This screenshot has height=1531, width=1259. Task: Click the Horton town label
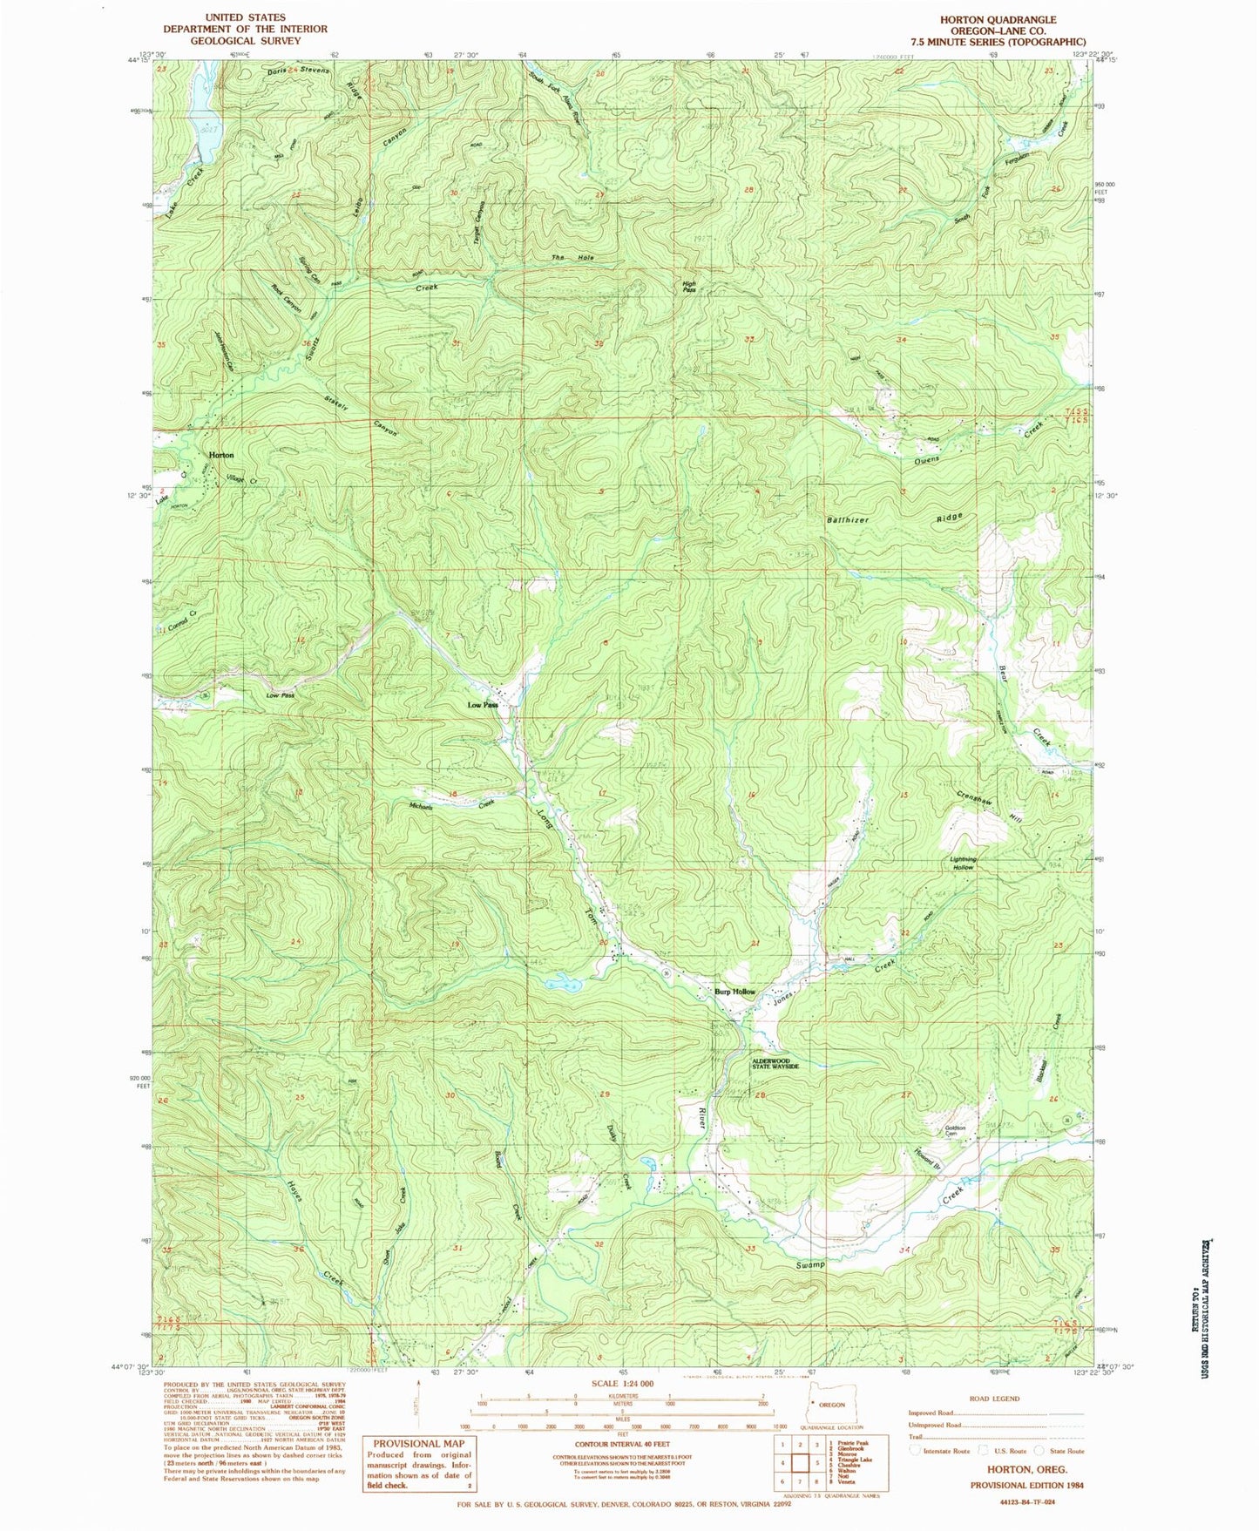[220, 456]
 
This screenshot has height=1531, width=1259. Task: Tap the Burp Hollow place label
[734, 992]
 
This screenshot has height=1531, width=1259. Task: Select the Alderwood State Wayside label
[775, 1063]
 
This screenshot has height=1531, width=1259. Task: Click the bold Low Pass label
[483, 705]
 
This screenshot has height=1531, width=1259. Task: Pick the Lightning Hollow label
[963, 864]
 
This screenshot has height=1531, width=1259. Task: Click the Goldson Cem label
[956, 1132]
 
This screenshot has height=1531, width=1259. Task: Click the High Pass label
[689, 287]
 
